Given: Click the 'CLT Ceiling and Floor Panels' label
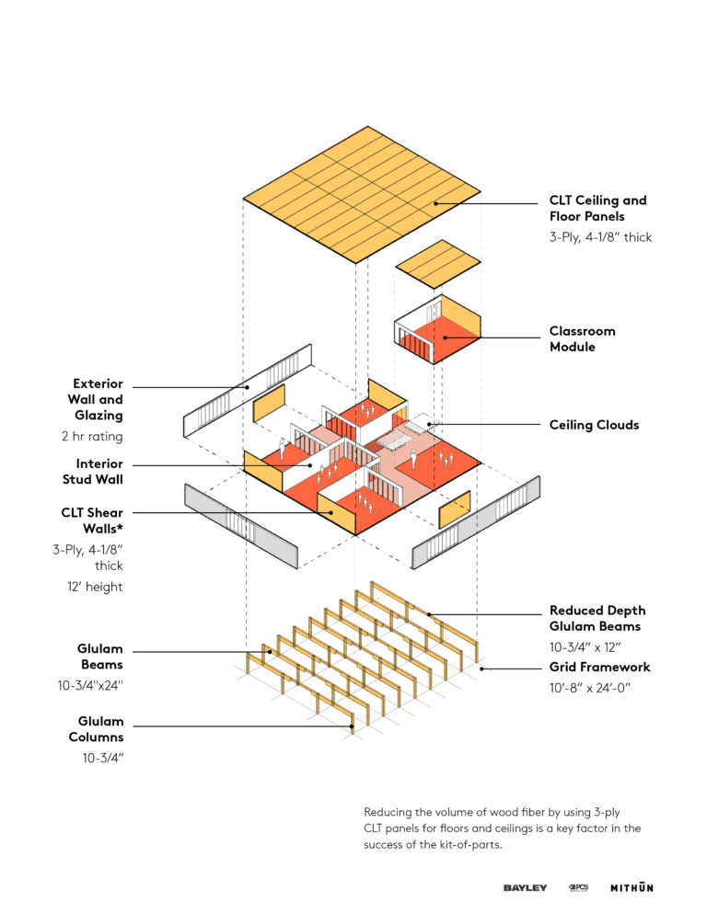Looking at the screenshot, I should [597, 208].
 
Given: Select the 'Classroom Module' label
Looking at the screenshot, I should [582, 338].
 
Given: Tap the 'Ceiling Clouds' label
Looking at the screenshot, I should [593, 425].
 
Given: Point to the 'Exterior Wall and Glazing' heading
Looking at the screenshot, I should [98, 400].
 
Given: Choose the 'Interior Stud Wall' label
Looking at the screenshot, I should [99, 471].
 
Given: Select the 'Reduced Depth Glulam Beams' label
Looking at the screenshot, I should [597, 618].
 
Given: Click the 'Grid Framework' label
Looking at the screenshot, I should [599, 667].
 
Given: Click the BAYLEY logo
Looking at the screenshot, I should [525, 887].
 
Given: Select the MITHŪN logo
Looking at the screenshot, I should [632, 887].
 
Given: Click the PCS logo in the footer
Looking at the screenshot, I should [578, 887].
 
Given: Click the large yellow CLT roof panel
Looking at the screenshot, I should [361, 194].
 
